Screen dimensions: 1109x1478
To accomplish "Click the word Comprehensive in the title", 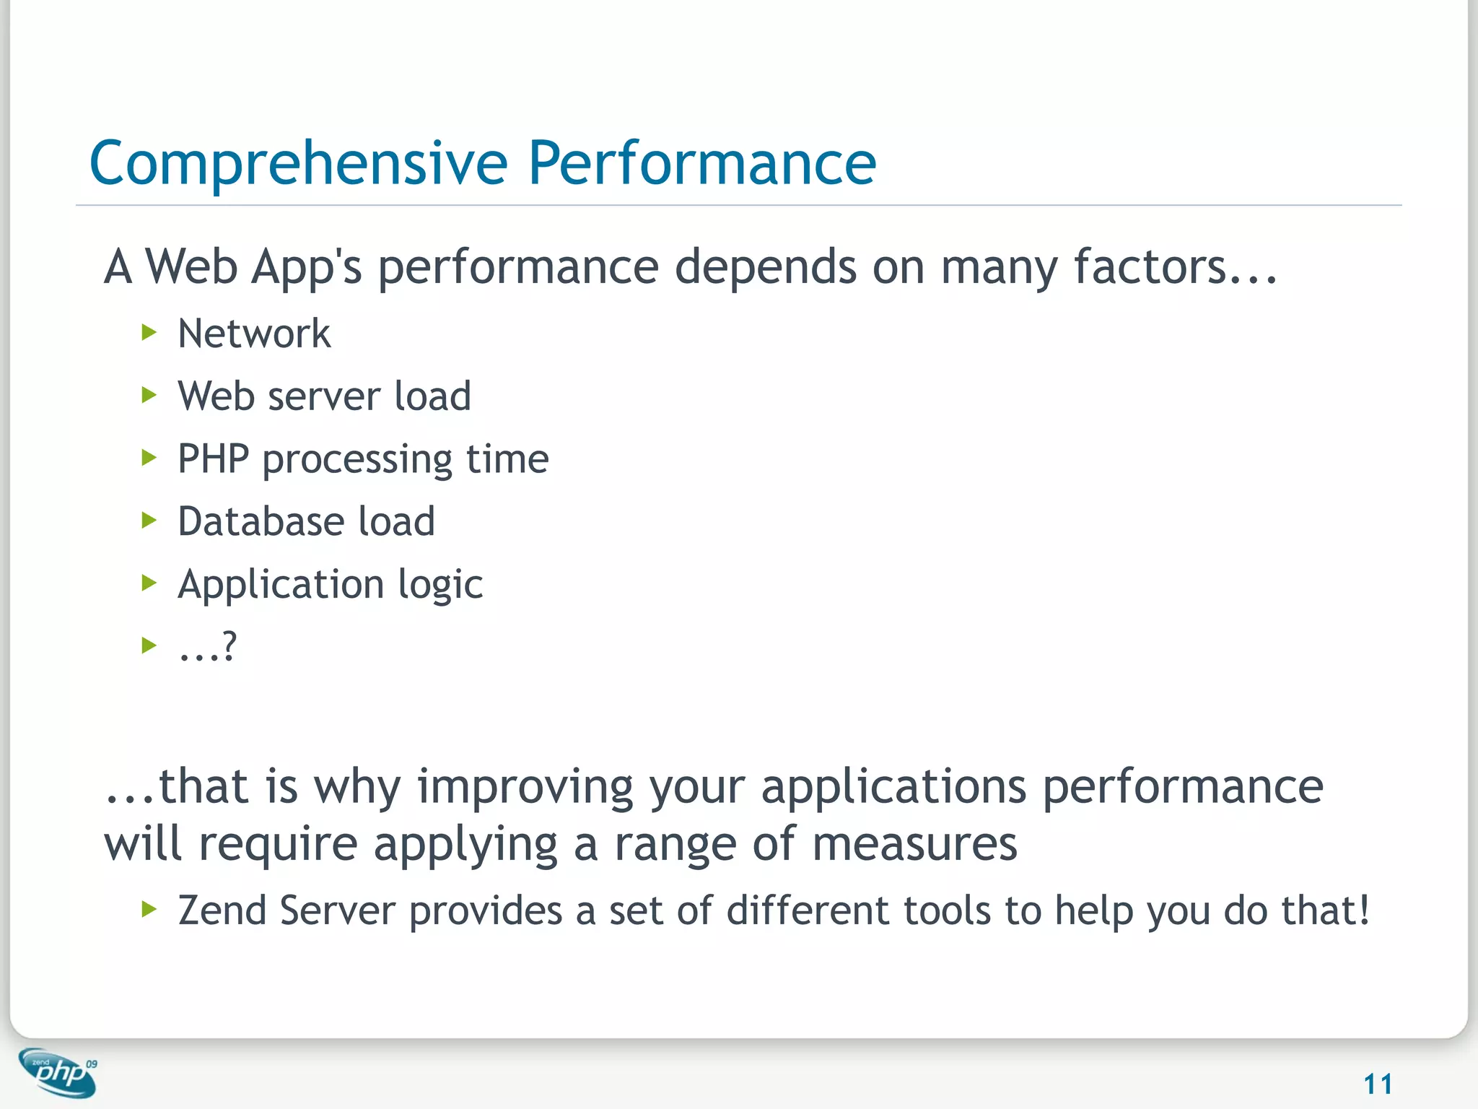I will point(298,164).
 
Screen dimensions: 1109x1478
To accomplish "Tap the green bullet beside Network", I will point(149,333).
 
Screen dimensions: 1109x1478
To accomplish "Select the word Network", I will point(254,334).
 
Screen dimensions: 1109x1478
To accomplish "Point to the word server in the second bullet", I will point(323,397).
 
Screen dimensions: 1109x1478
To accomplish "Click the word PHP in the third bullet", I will point(213,459).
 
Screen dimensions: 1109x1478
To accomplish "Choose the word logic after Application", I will point(440,585).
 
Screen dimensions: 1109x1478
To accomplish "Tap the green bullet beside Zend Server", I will point(149,909).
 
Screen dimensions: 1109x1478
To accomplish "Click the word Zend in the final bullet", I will point(222,910).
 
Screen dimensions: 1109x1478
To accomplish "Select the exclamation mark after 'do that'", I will point(1363,910).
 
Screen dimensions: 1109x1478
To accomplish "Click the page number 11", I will point(1378,1084).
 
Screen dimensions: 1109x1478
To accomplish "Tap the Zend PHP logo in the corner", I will point(58,1072).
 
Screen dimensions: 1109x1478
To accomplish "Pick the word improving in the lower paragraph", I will point(525,787).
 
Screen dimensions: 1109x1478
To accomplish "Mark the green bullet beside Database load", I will point(149,521).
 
